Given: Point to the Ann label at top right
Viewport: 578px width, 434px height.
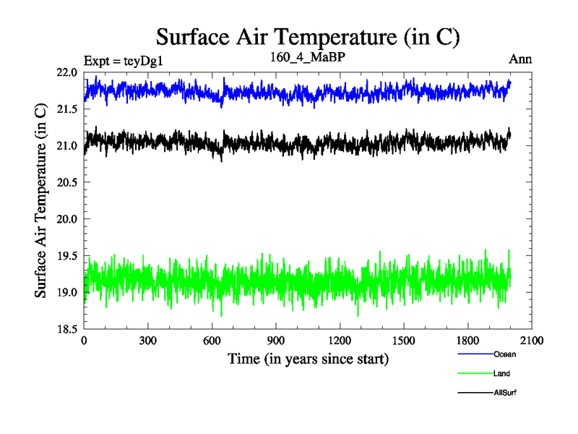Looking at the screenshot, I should click(x=521, y=59).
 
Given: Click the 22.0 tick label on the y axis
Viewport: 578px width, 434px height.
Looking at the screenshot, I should click(x=66, y=73).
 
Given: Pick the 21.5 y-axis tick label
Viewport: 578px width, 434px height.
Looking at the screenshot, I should click(x=66, y=109).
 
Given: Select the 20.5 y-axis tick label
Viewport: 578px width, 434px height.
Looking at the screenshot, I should click(x=66, y=182).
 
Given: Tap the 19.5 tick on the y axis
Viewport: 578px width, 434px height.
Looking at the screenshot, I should click(x=66, y=255).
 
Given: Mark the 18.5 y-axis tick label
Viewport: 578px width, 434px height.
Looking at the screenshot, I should click(x=66, y=328).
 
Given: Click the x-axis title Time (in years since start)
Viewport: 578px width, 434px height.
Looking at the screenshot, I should click(x=309, y=359).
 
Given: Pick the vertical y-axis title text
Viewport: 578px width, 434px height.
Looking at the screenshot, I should click(x=42, y=200).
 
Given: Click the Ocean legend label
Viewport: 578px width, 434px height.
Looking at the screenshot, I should click(x=505, y=354).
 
